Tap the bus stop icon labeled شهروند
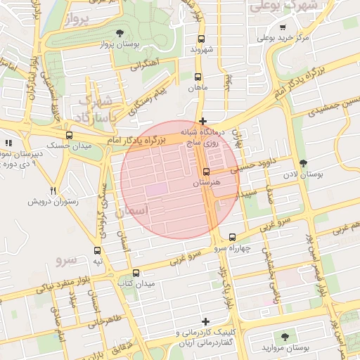pyautogui.click(x=202, y=39)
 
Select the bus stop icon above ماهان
pyautogui.click(x=198, y=77)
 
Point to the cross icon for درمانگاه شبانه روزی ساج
pyautogui.click(x=202, y=121)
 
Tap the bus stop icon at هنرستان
pyautogui.click(x=206, y=172)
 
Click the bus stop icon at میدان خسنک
pyautogui.click(x=69, y=135)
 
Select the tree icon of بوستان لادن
pyautogui.click(x=303, y=163)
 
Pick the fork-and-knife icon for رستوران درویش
pyautogui.click(x=53, y=191)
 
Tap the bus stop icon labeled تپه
pyautogui.click(x=98, y=250)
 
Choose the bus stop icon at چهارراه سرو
pyautogui.click(x=232, y=238)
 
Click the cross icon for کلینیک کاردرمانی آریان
pyautogui.click(x=205, y=321)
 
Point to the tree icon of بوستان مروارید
pyautogui.click(x=284, y=337)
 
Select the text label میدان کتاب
pyautogui.click(x=136, y=283)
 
